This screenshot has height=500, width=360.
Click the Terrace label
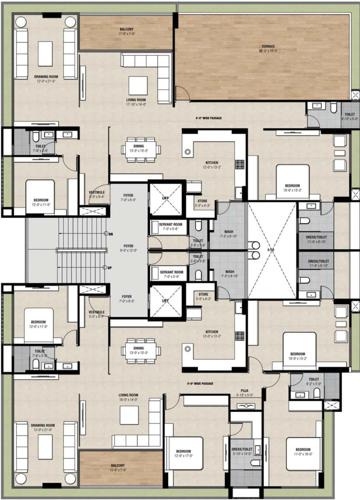tap(268, 46)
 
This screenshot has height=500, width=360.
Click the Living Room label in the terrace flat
tap(136, 100)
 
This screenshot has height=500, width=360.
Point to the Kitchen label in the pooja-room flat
tap(212, 333)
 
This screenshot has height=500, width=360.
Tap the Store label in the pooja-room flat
tap(202, 295)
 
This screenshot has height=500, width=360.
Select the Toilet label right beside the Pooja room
tap(314, 380)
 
